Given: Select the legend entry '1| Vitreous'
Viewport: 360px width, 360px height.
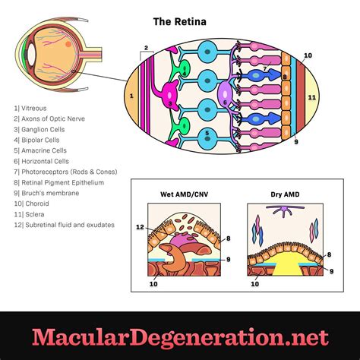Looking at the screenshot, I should [31, 109].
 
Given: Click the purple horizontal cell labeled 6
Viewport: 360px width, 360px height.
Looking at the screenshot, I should [226, 96].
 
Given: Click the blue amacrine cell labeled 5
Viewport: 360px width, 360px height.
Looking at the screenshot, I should [207, 135].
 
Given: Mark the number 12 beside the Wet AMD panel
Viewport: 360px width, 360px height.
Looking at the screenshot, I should [139, 226].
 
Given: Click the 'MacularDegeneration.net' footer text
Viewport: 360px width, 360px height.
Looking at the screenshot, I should [180, 336].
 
